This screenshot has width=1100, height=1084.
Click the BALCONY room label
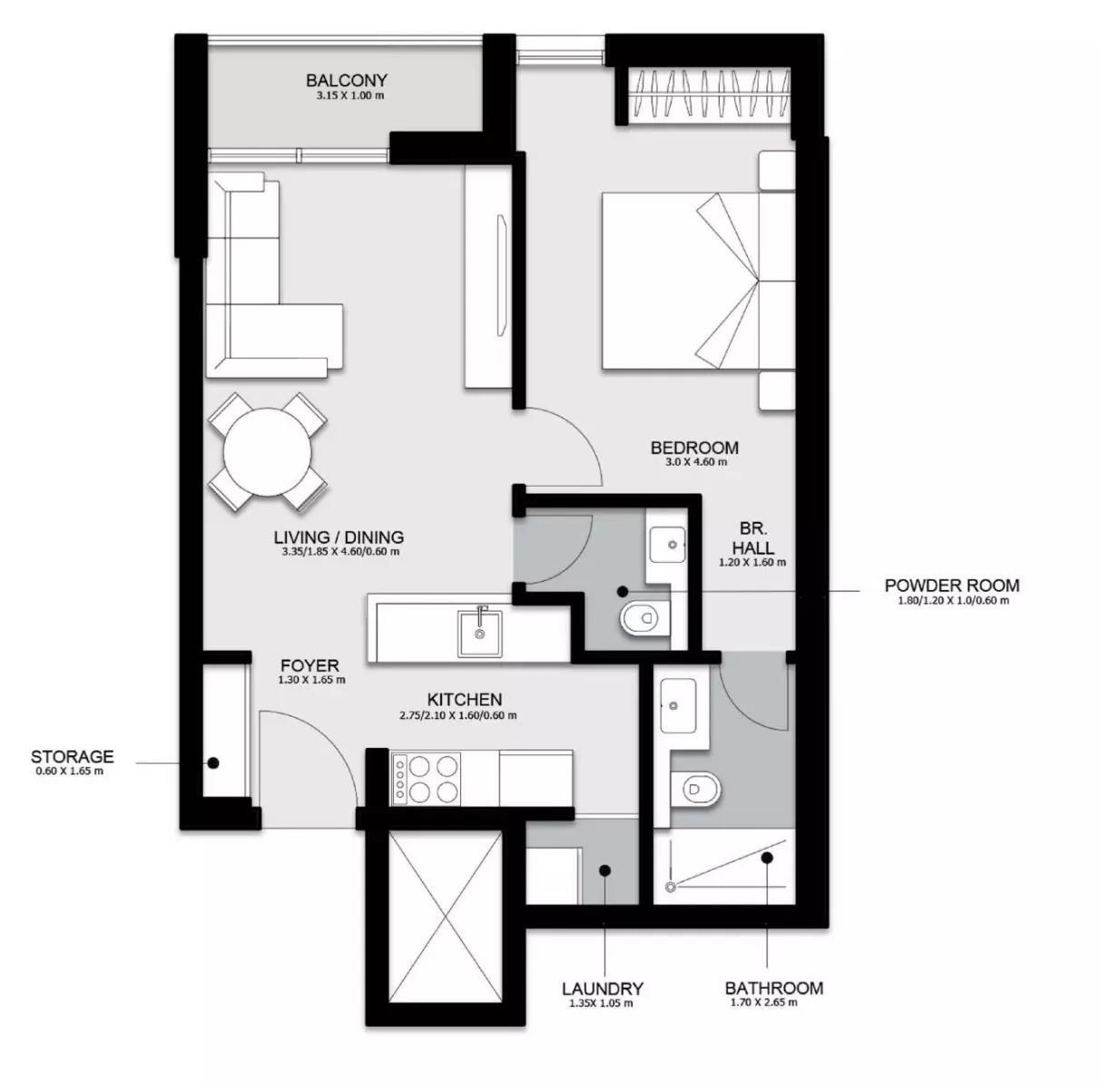coord(347,81)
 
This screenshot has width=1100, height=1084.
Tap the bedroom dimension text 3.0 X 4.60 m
coord(696,462)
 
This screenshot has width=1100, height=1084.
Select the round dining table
coord(267,452)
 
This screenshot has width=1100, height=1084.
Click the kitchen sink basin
coord(479,633)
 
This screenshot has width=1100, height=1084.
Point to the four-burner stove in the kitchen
coord(426,779)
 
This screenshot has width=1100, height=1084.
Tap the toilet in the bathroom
coord(695,789)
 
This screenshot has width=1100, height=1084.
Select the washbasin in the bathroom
coord(678,705)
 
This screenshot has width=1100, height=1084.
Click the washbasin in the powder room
coord(667,545)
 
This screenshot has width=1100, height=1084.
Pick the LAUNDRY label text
coord(603,989)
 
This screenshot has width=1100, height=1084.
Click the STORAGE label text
coord(73,757)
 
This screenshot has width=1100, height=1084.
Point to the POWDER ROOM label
coord(951,586)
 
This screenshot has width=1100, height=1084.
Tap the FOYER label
coord(310,665)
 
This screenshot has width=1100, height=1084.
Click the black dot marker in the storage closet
coord(213,763)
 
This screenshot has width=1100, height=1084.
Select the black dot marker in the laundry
coord(605,871)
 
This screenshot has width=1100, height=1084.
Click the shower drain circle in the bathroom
coord(671,887)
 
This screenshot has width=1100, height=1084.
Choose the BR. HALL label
coord(753,538)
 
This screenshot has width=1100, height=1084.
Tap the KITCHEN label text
coord(465,700)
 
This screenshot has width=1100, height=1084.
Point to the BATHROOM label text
coord(774,988)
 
